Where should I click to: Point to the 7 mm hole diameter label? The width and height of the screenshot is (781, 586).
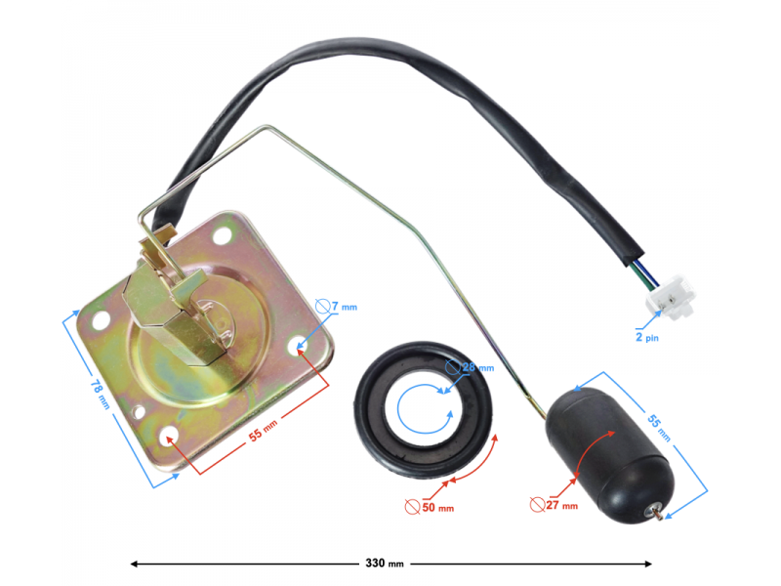click(344, 307)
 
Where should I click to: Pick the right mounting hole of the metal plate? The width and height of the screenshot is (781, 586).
click(299, 343)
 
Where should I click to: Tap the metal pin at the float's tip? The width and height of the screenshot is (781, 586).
click(661, 513)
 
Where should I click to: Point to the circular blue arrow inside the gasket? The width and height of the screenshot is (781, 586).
click(427, 409)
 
